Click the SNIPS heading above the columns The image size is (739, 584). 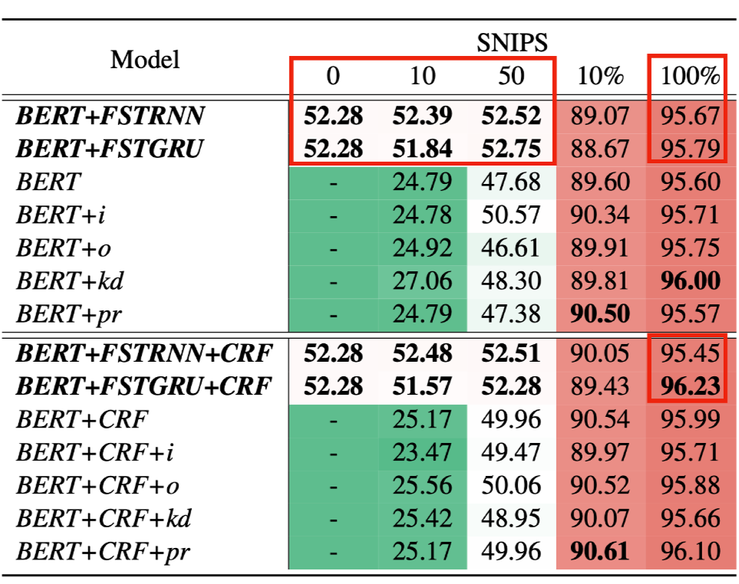pos(512,41)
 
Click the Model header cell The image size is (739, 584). pos(145,59)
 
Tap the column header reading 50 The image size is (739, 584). pos(511,76)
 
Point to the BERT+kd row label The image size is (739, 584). pos(70,281)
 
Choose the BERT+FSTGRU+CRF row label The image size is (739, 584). pos(144,386)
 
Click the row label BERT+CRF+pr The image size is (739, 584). pos(104,551)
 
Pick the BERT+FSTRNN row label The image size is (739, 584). pos(111,116)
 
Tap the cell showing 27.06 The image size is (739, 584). pos(422,281)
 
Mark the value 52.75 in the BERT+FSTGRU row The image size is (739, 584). pos(511,149)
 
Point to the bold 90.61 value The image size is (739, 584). pos(601,551)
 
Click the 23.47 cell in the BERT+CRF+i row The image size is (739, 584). pos(422,452)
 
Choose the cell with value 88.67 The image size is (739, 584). pos(601,149)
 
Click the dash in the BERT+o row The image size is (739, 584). pos(333,248)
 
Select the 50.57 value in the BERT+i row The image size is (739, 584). pos(511,215)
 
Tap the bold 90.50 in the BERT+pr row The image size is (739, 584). pos(601,314)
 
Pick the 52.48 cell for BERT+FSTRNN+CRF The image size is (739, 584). pos(422,353)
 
